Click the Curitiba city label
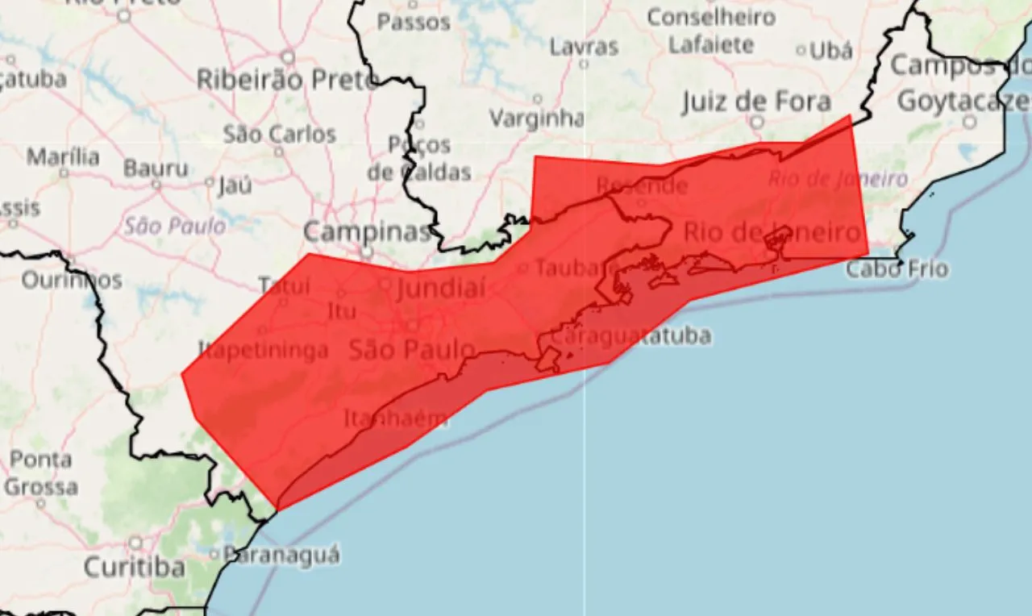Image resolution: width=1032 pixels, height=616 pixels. (x=135, y=567)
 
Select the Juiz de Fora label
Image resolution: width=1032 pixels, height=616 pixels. (x=756, y=102)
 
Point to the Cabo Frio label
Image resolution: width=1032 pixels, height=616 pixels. (x=897, y=268)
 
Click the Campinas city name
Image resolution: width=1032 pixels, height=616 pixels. (x=368, y=232)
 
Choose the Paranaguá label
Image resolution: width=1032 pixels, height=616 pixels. (x=281, y=555)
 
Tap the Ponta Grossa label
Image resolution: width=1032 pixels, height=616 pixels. (x=40, y=473)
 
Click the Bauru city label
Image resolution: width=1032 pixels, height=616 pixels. (x=156, y=169)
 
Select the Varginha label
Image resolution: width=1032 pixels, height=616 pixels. (x=536, y=119)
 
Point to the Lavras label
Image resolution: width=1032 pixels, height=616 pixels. (x=584, y=47)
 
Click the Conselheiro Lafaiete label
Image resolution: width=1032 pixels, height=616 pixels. (x=710, y=31)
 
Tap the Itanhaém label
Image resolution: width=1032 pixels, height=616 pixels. (x=396, y=419)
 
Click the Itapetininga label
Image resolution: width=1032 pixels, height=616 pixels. (x=264, y=350)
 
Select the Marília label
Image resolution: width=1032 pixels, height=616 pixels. (x=64, y=156)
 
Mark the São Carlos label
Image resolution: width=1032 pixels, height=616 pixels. (x=280, y=134)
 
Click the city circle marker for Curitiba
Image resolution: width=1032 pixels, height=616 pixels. (x=135, y=543)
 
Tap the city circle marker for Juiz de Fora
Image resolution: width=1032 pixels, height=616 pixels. (x=756, y=122)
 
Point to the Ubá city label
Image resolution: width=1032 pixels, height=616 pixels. (x=830, y=51)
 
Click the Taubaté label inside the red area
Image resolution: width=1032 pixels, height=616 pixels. (x=578, y=268)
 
